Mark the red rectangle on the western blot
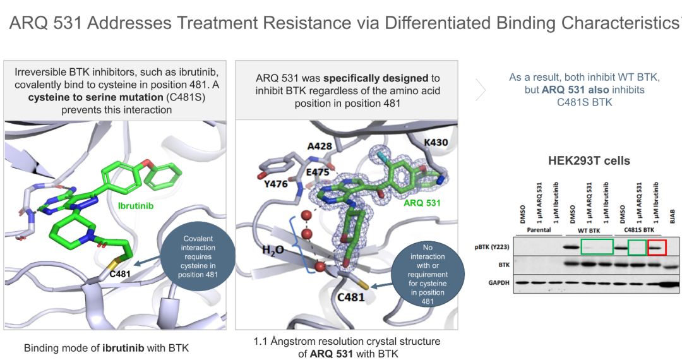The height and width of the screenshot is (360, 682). coord(657,248)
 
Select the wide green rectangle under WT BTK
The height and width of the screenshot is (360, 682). coord(597,248)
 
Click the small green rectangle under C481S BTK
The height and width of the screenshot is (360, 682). coord(637,248)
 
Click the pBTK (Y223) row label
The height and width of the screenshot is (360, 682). coord(490,248)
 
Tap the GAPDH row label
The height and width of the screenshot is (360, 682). coord(497,282)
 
